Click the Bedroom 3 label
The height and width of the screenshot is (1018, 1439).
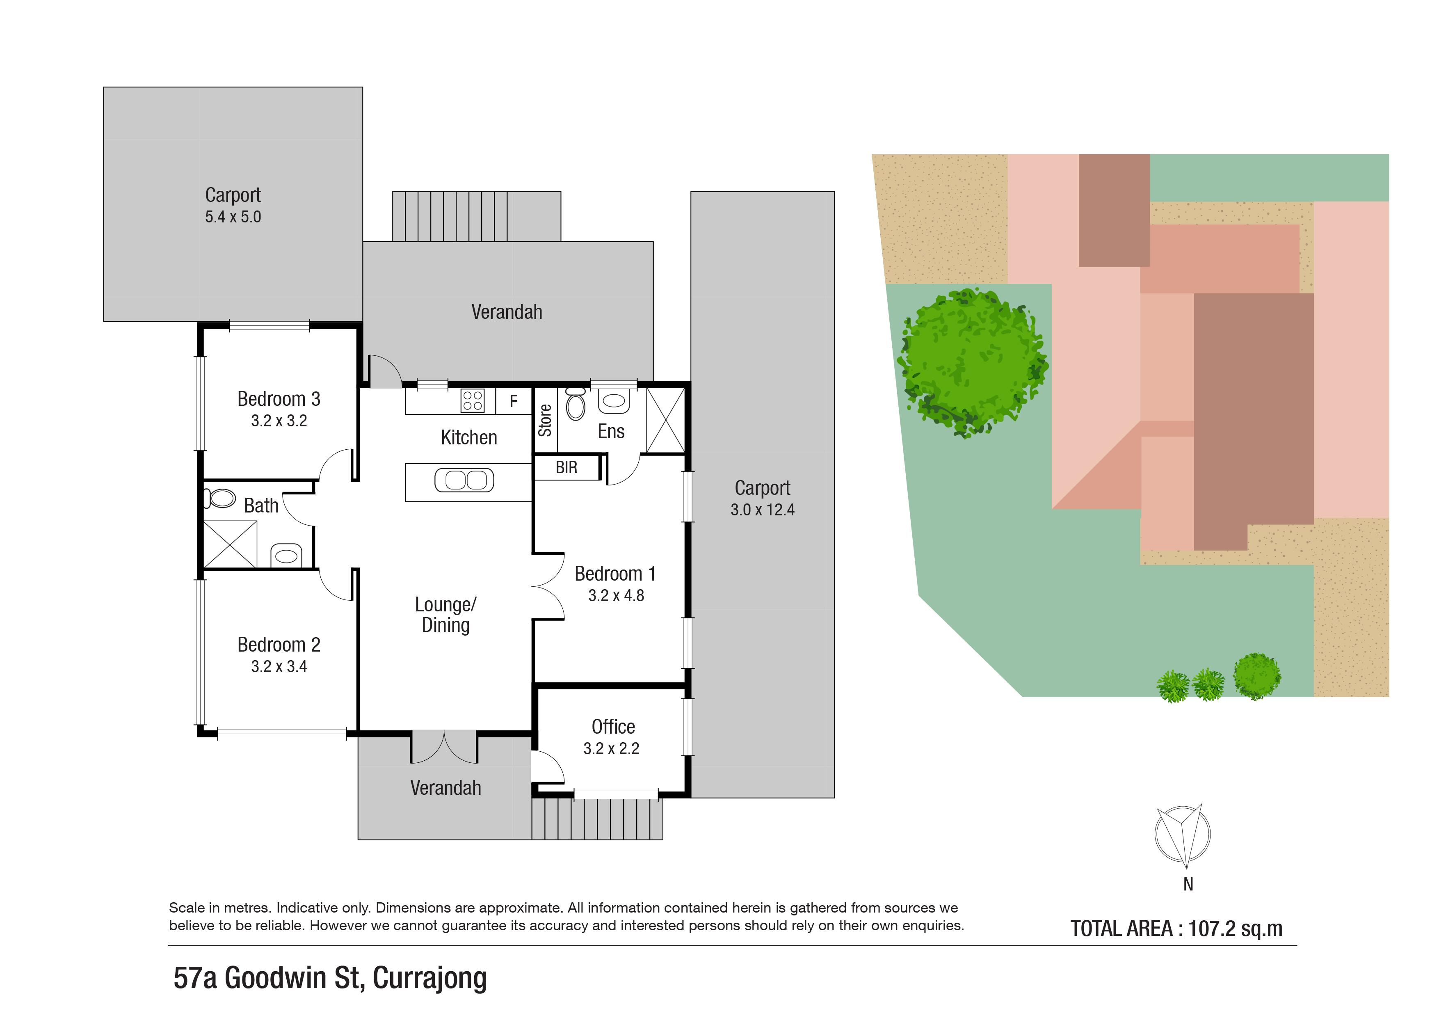click(x=279, y=399)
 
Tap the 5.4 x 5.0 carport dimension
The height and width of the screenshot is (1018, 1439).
click(x=233, y=217)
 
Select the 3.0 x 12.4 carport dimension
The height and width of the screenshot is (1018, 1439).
click(x=762, y=510)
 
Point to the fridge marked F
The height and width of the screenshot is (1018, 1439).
click(x=514, y=401)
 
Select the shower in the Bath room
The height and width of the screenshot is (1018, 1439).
click(x=230, y=544)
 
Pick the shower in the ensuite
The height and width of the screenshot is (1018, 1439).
click(x=665, y=421)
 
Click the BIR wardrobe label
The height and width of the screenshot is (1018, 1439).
click(x=566, y=468)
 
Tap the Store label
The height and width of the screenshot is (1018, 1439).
click(x=545, y=421)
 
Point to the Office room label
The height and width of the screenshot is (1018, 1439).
click(x=614, y=727)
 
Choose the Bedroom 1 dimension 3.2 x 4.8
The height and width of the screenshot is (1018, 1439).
click(x=616, y=595)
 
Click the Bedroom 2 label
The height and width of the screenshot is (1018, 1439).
click(x=279, y=645)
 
